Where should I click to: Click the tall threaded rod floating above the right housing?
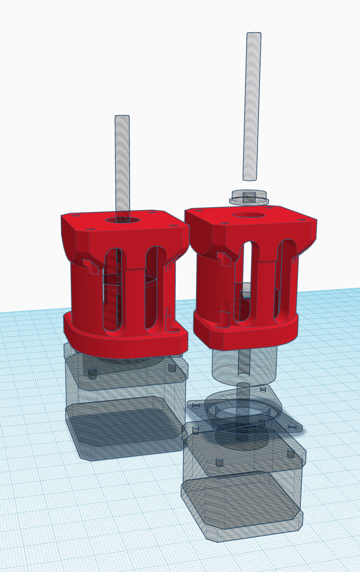[x=252, y=106]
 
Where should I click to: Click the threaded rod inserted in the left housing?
[x=122, y=163]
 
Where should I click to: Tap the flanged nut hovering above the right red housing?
[x=249, y=197]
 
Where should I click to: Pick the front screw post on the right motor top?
[x=219, y=461]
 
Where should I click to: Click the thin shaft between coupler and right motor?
[x=243, y=394]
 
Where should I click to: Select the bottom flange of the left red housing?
[x=122, y=345]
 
